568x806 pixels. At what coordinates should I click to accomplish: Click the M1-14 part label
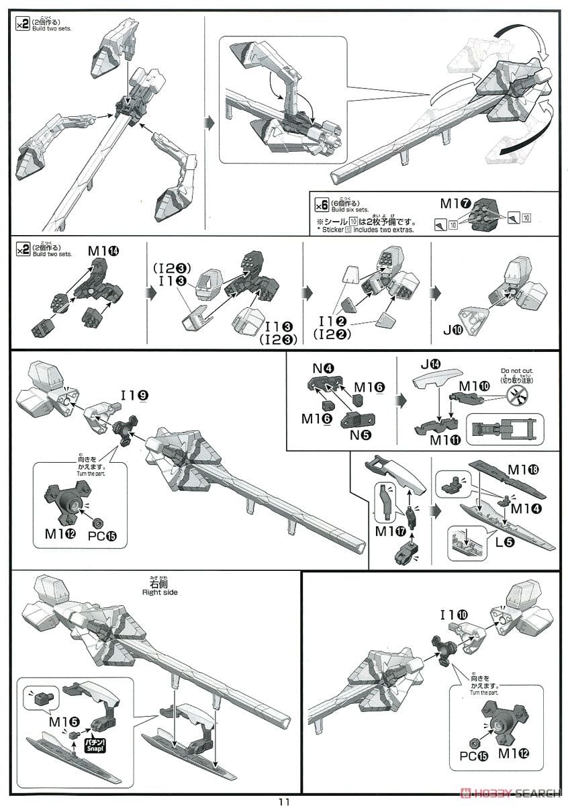point(103,251)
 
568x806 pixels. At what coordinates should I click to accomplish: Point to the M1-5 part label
point(64,720)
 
